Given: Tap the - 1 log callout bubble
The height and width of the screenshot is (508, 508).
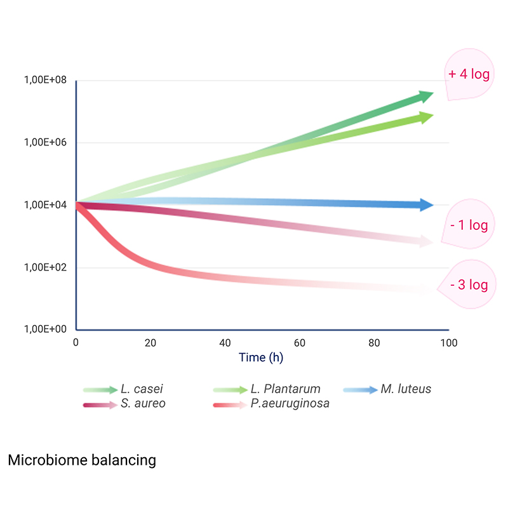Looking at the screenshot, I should pos(469,226).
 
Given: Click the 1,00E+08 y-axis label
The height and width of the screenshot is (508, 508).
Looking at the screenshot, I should pos(45,80).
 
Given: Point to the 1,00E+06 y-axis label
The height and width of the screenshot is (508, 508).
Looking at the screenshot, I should pos(45,142).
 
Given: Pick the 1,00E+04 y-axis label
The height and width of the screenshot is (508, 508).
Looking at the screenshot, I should pos(45,204).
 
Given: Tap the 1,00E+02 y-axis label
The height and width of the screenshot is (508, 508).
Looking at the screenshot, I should pos(45,267).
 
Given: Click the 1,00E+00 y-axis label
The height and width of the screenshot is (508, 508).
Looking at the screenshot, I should pos(45,329).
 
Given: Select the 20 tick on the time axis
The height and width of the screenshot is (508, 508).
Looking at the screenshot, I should pos(150,343).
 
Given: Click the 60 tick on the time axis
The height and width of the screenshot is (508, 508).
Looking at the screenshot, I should pos(300,343).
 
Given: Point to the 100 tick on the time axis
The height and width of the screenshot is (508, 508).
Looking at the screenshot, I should pos(448,343).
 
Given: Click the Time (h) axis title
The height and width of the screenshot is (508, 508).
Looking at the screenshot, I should pos(261,358).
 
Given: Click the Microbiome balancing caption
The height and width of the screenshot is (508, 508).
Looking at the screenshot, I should pos(82,460).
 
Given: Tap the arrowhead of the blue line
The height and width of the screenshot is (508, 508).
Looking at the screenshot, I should pos(426,204).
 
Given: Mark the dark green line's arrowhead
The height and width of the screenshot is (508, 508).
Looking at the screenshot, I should pos(425,97).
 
